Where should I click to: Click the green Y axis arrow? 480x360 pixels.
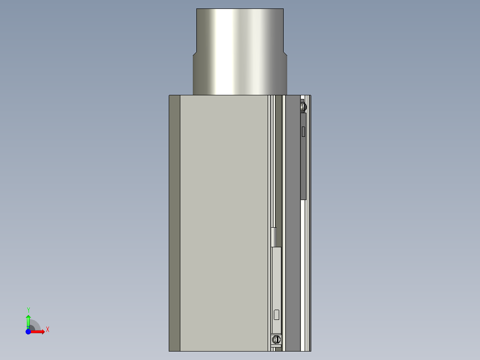[x=28, y=320]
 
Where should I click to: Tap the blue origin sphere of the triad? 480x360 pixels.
[x=28, y=331]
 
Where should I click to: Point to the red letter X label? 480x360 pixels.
[x=47, y=330]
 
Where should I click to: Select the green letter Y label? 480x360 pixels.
[x=28, y=310]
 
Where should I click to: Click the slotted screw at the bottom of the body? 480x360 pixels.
[x=277, y=340]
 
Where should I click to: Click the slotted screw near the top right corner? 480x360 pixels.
[x=304, y=106]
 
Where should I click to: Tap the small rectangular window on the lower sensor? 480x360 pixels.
[x=277, y=314]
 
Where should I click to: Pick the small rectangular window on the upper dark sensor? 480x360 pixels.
[x=303, y=131]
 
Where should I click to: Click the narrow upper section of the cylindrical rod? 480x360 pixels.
[x=240, y=31]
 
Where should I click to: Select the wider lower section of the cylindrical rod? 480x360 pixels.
[x=240, y=76]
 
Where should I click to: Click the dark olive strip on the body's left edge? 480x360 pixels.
[x=175, y=223]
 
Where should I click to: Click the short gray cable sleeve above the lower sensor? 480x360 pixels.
[x=274, y=237]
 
